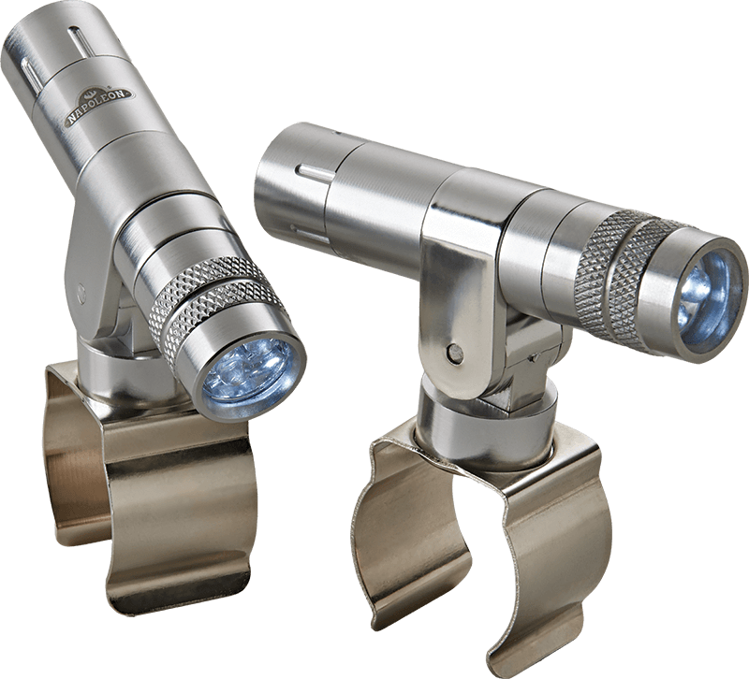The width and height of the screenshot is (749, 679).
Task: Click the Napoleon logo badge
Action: tap(100, 108)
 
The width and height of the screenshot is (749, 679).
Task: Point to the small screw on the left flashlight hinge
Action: tap(81, 289)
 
